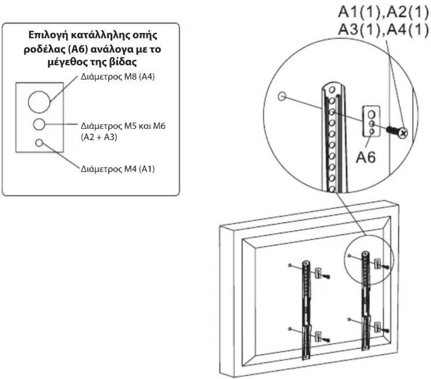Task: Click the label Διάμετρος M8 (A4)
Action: tap(118, 76)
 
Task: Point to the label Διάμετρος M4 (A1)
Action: tap(118, 169)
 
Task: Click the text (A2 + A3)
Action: tap(99, 137)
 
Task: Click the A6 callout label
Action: tap(366, 157)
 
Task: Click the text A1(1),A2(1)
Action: tap(383, 12)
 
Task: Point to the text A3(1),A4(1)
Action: tap(383, 29)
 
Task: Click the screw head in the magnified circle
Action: tap(403, 134)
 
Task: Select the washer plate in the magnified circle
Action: tap(372, 122)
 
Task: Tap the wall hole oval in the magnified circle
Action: tap(282, 96)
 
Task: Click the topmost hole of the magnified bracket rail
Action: tap(332, 90)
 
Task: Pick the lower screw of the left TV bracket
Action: tap(327, 340)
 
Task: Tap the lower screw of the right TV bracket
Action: tap(385, 330)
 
